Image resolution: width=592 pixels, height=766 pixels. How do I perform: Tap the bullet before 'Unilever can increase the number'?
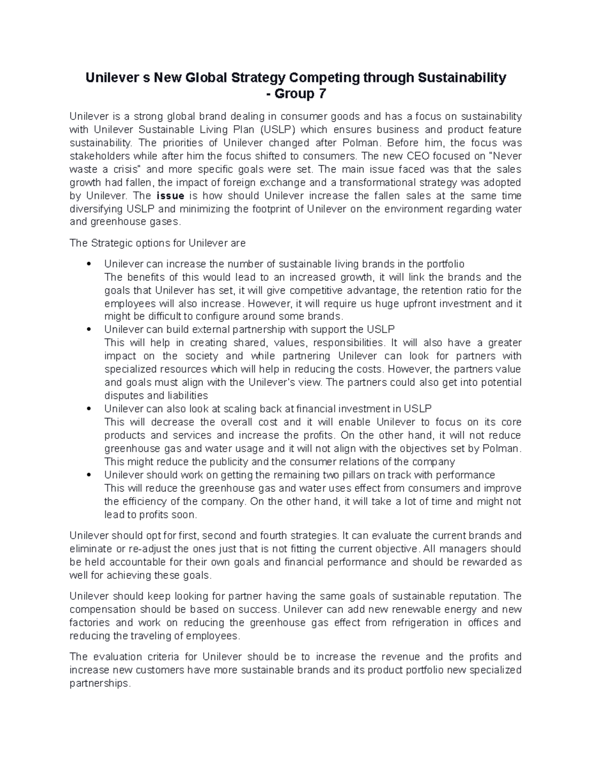click(x=88, y=264)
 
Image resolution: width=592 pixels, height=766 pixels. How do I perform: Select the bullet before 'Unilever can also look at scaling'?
click(x=88, y=409)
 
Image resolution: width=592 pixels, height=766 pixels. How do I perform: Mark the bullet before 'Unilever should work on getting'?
click(x=88, y=475)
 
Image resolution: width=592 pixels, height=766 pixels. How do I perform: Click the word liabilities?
click(x=185, y=396)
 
